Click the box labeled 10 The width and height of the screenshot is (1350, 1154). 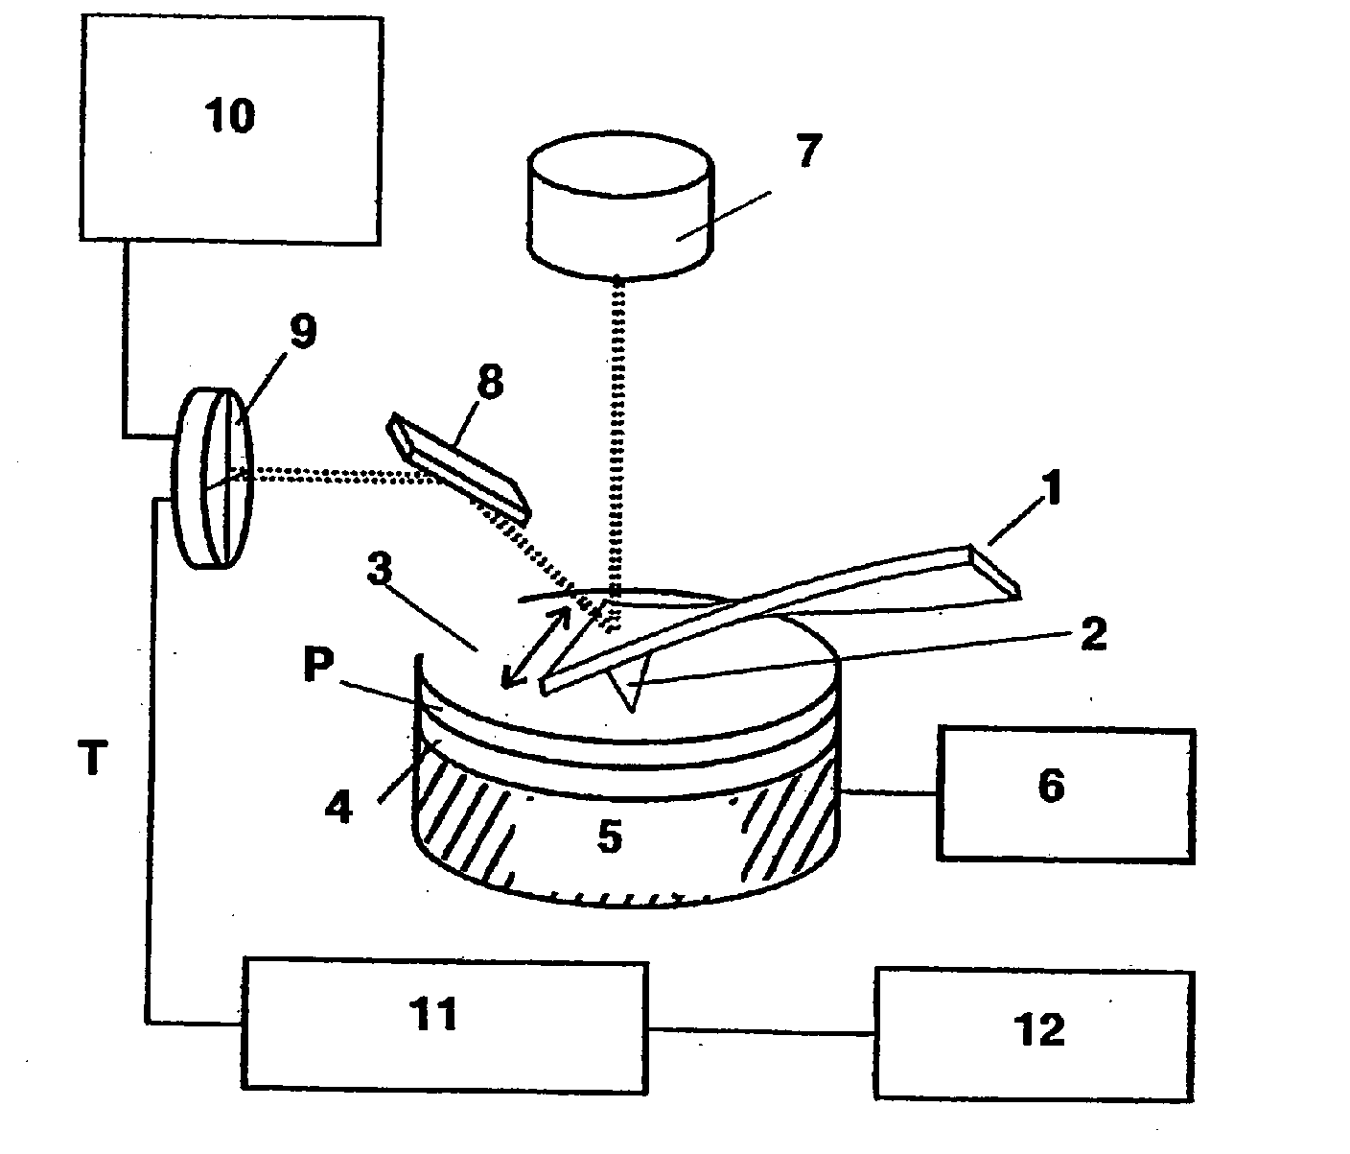point(230,128)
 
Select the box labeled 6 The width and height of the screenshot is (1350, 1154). point(1065,795)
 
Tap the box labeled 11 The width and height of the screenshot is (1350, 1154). point(444,1023)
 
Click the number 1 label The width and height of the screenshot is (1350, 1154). point(1051,491)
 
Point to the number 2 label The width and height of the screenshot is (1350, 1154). point(1093,634)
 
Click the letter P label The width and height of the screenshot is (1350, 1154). point(320,669)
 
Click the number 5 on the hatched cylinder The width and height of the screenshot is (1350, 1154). point(610,836)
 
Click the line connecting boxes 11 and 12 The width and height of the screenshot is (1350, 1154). point(760,1031)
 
